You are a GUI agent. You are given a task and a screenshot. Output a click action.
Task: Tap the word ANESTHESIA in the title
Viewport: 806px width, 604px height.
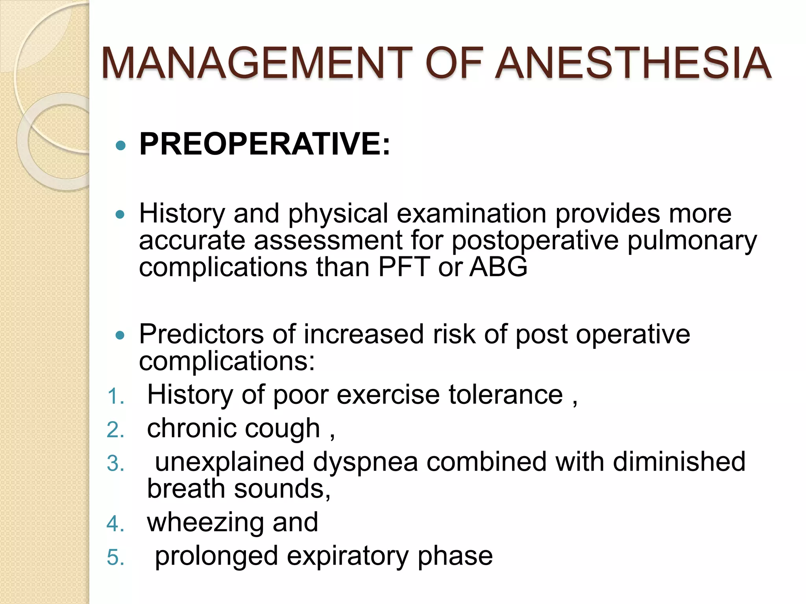click(632, 63)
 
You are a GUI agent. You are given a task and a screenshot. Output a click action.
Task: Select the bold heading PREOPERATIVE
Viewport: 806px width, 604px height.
click(260, 144)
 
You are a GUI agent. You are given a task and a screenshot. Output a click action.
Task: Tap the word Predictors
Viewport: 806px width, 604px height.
click(201, 334)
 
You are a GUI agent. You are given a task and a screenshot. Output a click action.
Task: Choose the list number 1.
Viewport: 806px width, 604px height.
click(115, 396)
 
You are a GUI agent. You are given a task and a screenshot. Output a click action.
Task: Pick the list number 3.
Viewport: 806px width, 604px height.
click(115, 464)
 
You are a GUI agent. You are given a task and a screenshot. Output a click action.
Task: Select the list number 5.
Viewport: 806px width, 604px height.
click(115, 558)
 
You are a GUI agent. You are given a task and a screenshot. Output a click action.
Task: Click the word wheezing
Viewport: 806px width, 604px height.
click(205, 523)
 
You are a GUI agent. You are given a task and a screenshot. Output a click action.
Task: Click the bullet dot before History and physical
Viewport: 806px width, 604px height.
click(121, 215)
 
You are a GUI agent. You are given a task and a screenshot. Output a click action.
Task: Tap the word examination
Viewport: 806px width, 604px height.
click(471, 214)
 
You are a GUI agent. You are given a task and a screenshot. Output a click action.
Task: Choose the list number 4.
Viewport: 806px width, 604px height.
click(115, 524)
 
